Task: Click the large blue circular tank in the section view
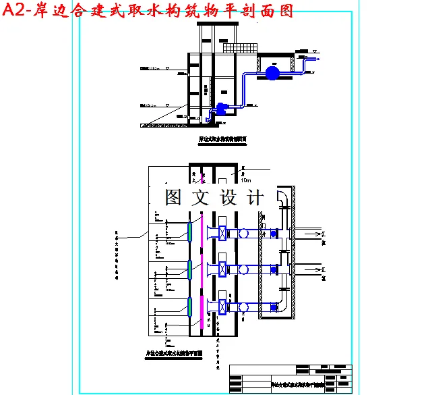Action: (272, 72)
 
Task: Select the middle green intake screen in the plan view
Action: (191, 269)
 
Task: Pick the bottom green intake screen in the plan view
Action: (191, 306)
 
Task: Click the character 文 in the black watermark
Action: (202, 197)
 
